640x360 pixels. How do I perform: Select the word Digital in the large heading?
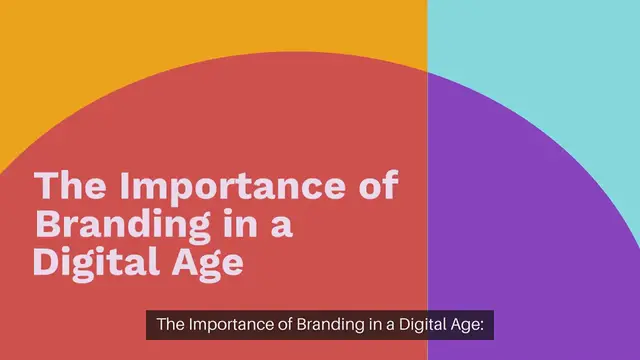pos(93,261)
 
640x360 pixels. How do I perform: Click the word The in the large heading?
pos(69,187)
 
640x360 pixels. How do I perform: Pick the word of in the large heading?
pos(376,187)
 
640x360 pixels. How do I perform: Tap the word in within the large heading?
pos(236,224)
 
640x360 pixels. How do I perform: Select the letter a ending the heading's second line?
pos(282,226)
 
